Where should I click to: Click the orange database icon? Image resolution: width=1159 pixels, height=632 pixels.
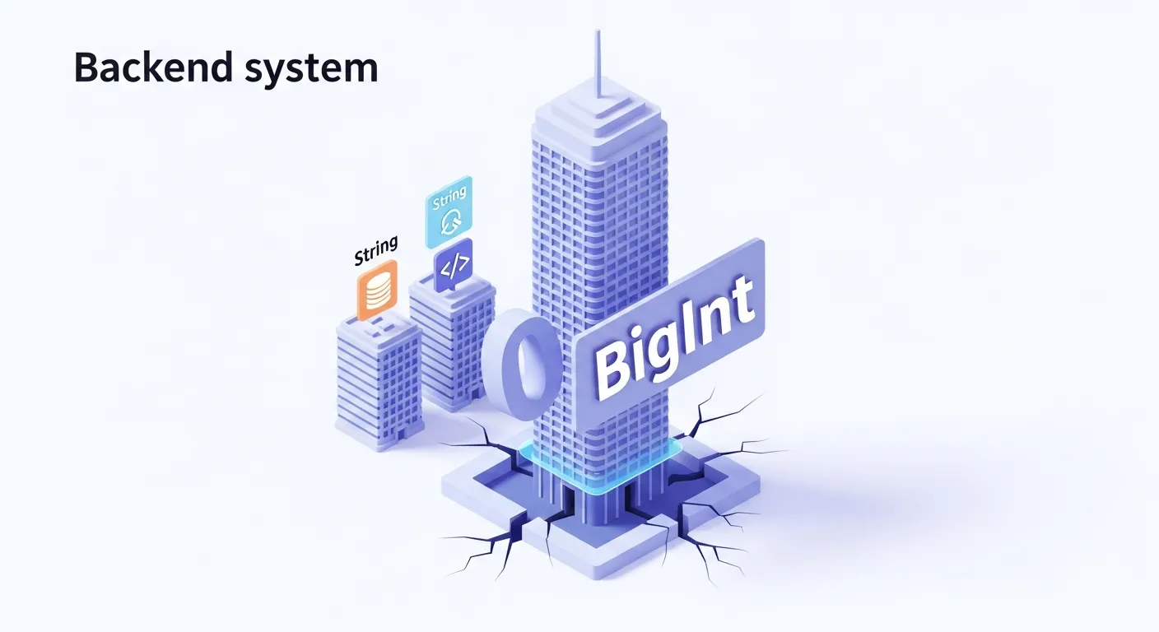click(x=377, y=290)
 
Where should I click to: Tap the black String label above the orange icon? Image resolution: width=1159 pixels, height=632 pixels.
click(x=375, y=250)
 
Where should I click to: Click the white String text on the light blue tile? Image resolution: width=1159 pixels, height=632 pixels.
click(x=448, y=197)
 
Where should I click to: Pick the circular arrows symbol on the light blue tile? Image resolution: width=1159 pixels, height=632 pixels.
click(x=450, y=222)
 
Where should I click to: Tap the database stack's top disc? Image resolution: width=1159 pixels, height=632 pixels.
click(x=377, y=280)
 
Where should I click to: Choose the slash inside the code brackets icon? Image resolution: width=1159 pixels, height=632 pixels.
click(x=453, y=264)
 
